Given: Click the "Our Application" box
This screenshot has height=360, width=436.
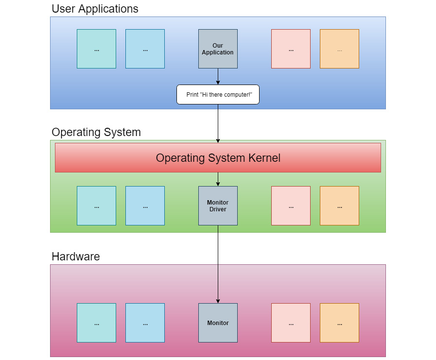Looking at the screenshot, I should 218,49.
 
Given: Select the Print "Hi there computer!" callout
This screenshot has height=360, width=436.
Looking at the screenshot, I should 218,94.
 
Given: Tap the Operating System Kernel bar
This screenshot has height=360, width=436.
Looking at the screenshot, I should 218,157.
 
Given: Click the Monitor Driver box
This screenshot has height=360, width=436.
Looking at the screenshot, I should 218,206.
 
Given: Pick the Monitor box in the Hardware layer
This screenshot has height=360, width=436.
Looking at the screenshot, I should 218,323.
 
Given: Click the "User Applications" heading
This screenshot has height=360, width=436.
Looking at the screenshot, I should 95,9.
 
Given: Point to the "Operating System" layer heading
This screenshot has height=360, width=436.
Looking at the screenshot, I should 96,132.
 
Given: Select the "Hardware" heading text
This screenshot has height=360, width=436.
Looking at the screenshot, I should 76,257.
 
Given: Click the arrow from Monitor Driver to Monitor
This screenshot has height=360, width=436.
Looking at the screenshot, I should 218,265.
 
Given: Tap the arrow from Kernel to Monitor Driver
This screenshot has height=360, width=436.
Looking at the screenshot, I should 218,179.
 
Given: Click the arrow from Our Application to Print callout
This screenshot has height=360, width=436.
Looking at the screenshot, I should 218,76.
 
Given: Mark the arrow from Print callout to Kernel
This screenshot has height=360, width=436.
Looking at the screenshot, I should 218,123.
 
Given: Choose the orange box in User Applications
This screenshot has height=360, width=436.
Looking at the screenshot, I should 339,49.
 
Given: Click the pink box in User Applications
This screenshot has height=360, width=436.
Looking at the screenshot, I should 291,49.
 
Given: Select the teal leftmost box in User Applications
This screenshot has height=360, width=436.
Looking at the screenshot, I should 96,49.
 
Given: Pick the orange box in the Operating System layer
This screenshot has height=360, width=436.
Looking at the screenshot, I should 339,206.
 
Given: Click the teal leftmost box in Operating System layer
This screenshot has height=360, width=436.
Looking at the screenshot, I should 96,206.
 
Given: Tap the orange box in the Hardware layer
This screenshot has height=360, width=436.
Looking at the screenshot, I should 339,323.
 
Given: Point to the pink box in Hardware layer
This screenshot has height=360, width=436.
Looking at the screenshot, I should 291,323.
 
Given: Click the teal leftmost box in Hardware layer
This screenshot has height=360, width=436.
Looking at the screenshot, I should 96,323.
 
